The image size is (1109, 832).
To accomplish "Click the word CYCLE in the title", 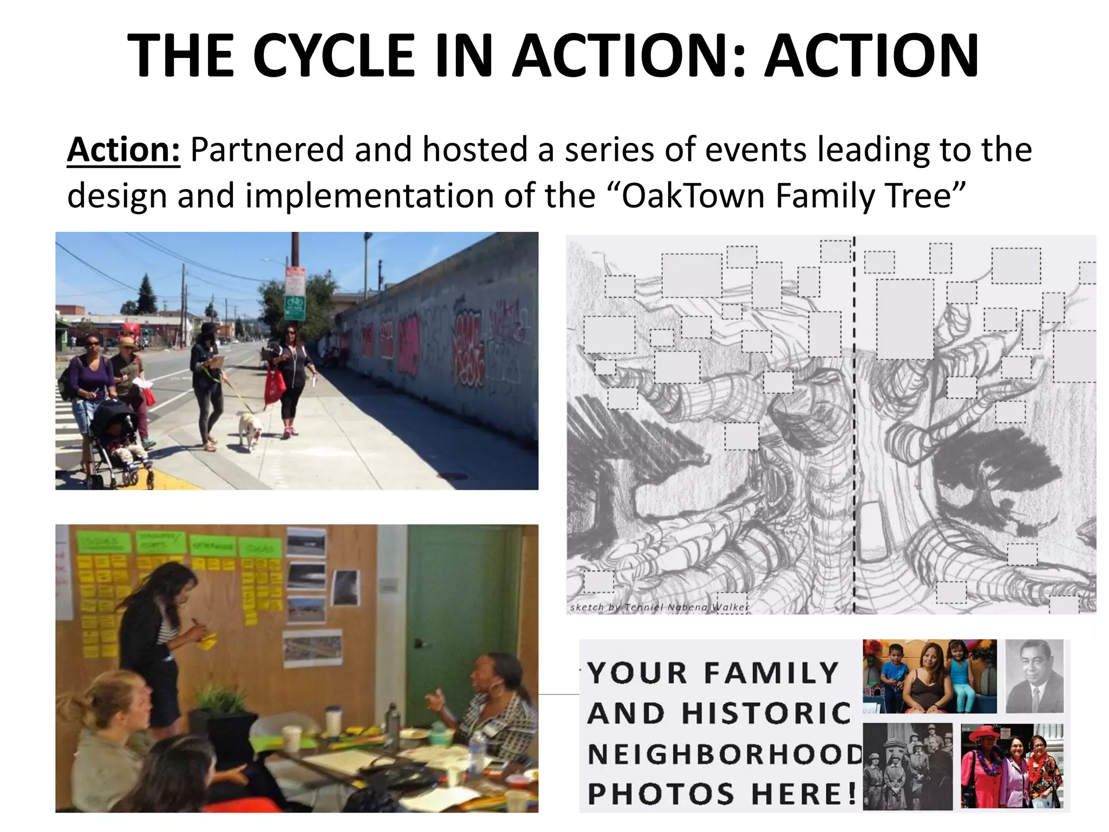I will [334, 56].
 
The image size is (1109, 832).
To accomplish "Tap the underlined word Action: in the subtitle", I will [123, 149].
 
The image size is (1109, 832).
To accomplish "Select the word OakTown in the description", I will [693, 196].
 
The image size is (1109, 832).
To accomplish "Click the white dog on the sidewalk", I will [251, 430].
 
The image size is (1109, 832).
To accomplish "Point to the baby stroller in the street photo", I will [116, 439].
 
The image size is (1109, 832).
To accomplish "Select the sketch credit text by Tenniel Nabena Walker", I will [659, 607].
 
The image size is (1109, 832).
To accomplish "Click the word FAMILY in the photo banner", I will [771, 673].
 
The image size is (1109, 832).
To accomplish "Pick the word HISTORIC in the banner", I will [766, 713].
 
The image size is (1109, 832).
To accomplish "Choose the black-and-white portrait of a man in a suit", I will [1035, 676].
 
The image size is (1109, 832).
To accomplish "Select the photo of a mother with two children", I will [929, 676].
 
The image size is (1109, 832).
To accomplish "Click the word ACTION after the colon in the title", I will [871, 56].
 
